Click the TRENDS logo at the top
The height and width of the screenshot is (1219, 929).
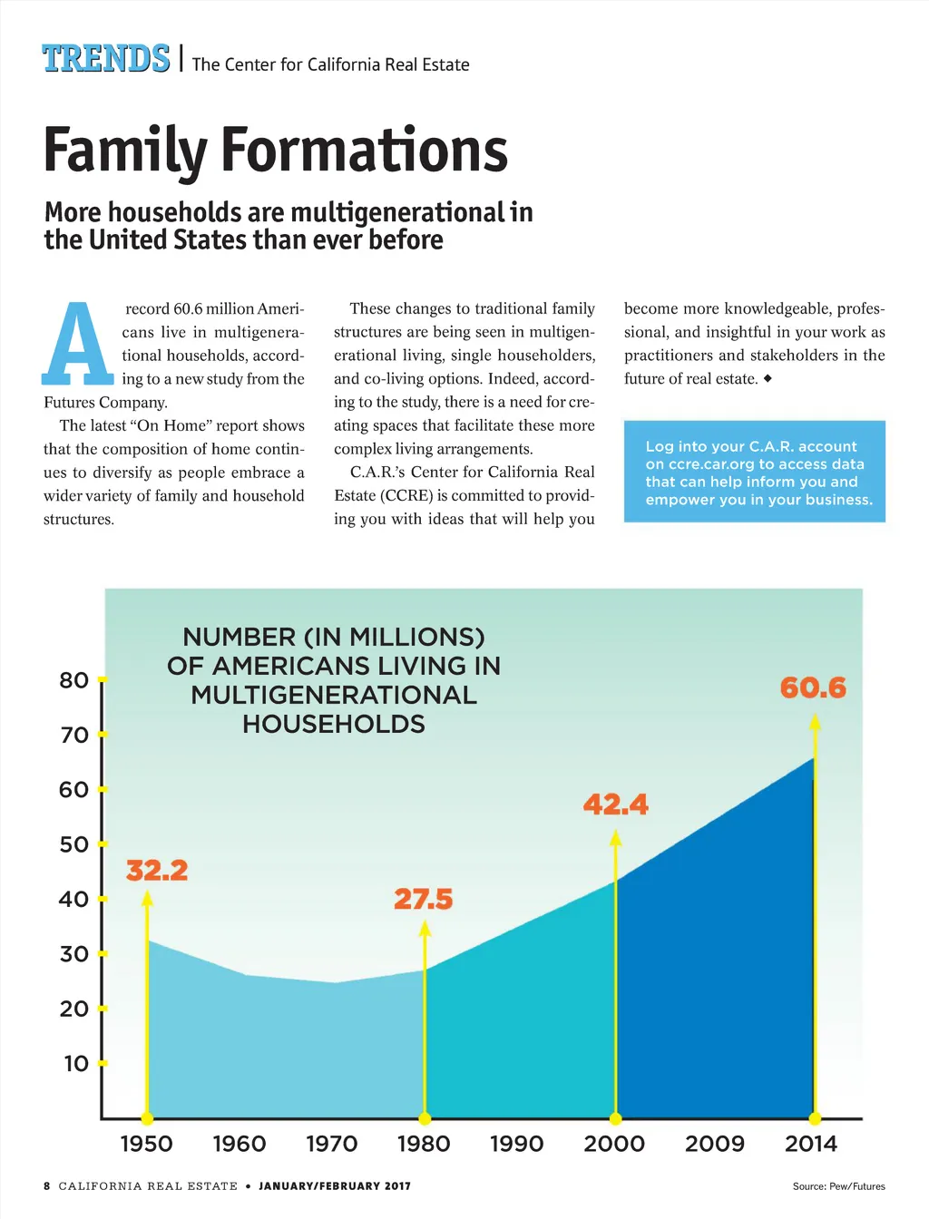[x=105, y=58]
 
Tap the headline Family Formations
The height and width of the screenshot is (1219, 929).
[x=275, y=150]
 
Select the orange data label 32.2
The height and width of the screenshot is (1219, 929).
[x=157, y=871]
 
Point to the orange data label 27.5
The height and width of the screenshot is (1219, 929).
[x=423, y=900]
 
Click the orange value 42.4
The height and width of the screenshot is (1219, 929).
[x=615, y=805]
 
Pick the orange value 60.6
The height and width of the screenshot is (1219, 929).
[x=813, y=688]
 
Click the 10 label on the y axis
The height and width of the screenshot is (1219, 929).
[x=75, y=1063]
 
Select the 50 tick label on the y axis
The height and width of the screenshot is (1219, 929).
[x=73, y=844]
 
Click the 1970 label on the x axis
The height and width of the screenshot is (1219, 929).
[x=332, y=1144]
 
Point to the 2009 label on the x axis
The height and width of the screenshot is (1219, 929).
[x=714, y=1144]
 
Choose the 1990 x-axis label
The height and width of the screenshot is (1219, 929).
[x=516, y=1144]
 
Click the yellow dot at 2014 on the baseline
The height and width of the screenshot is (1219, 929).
[x=815, y=1118]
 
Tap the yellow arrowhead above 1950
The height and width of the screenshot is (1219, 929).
[x=147, y=898]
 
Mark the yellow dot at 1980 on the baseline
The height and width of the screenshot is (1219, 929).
[x=425, y=1118]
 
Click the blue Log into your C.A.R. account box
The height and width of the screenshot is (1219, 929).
[x=754, y=472]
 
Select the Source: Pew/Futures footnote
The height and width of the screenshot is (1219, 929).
[x=838, y=1186]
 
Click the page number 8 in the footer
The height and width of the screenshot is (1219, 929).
[x=47, y=1186]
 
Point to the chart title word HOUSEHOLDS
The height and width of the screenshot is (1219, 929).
[x=334, y=724]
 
